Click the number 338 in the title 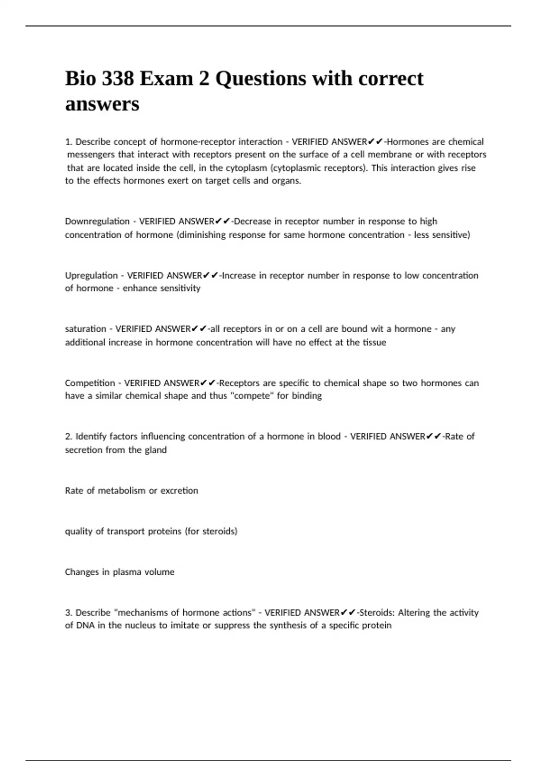click(x=118, y=79)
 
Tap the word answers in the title click(x=102, y=104)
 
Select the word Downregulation click(x=97, y=221)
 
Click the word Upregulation click(x=91, y=275)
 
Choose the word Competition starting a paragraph click(x=90, y=383)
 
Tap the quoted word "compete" click(x=251, y=396)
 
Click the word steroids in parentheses click(x=219, y=531)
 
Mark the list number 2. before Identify click(x=68, y=436)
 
